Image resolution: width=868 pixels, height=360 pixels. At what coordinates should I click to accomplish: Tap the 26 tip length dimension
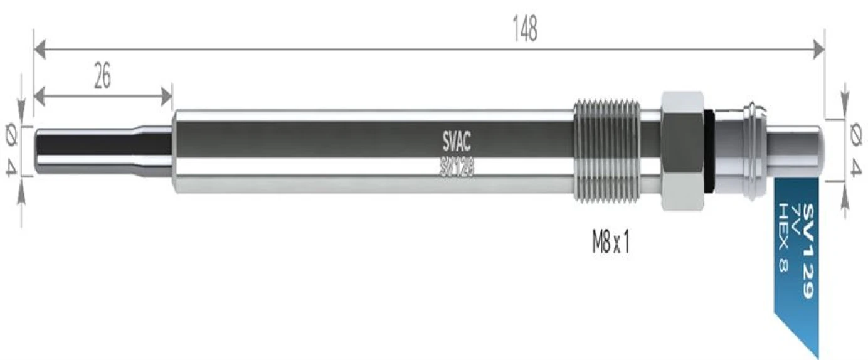pyautogui.click(x=102, y=77)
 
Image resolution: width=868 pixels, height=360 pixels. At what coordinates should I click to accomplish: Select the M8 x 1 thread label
pyautogui.click(x=610, y=243)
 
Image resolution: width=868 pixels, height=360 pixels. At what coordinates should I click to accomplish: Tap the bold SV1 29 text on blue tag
pyautogui.click(x=808, y=250)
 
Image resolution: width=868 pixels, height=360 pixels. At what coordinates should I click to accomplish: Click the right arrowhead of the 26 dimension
pyautogui.click(x=166, y=97)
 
